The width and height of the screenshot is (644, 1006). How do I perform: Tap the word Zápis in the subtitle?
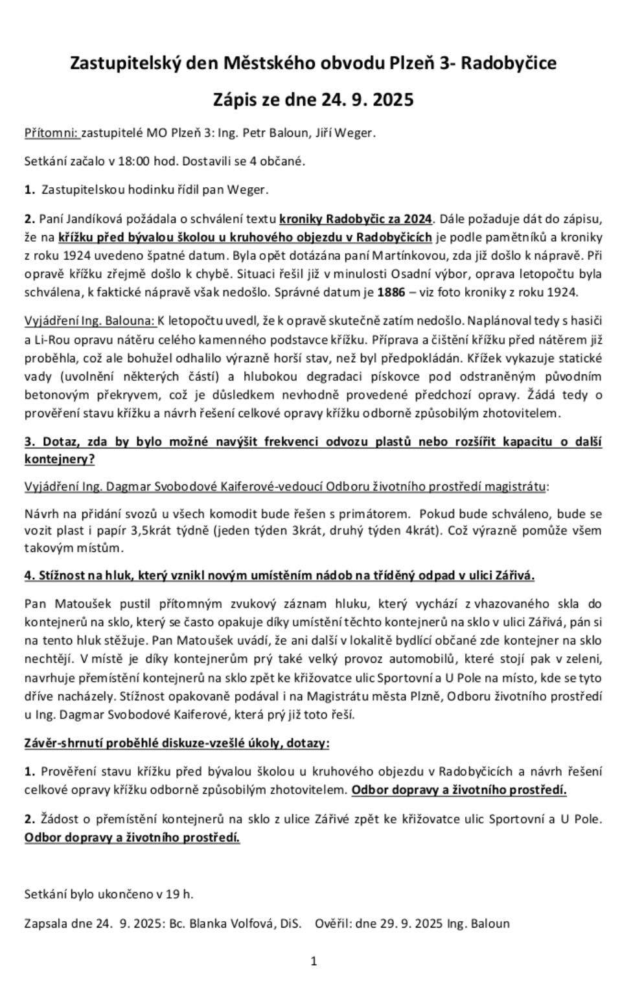tap(235, 100)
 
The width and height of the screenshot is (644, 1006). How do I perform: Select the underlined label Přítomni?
tap(51, 133)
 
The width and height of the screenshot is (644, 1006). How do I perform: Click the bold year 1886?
tap(391, 292)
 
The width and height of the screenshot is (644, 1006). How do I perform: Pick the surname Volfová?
tap(251, 923)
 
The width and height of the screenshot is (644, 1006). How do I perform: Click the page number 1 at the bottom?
tap(314, 961)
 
